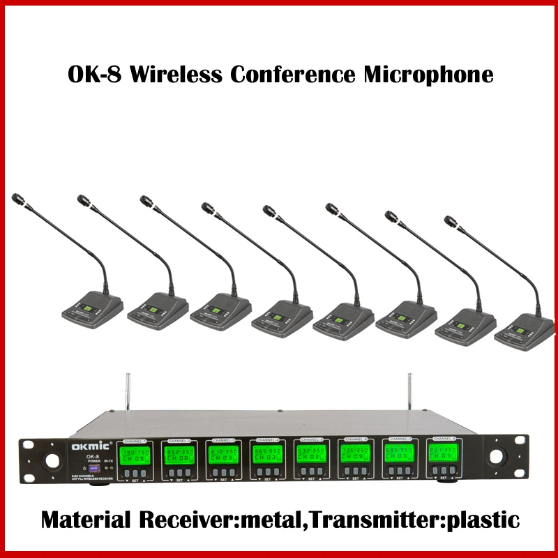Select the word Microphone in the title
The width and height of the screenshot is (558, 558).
tap(428, 75)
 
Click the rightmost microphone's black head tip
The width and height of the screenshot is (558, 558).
tap(450, 221)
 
